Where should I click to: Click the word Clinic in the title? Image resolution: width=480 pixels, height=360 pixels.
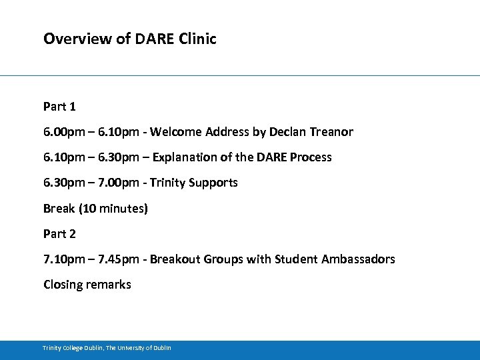[198, 39]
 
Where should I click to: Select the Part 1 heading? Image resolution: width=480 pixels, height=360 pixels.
[59, 107]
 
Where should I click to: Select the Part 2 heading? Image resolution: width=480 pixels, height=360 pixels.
[59, 233]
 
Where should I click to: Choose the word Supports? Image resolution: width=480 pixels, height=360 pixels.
[213, 183]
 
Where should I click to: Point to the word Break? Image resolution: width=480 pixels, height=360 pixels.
[59, 208]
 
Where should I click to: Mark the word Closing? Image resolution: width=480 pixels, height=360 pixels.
[63, 284]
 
